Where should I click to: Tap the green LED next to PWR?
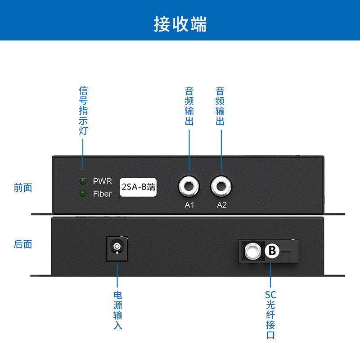(x=83, y=181)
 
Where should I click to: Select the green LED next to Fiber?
(x=83, y=194)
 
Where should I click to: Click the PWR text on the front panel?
(x=102, y=181)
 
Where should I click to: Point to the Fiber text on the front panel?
(x=102, y=194)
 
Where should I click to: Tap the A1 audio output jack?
(x=189, y=185)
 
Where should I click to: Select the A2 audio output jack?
(x=221, y=185)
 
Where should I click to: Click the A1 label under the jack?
(x=189, y=205)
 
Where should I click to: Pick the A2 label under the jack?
(x=222, y=205)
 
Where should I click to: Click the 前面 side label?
(x=23, y=188)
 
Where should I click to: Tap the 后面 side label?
(x=23, y=244)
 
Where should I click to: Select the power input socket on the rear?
(x=117, y=248)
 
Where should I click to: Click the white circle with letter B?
(x=272, y=251)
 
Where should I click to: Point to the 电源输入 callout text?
(x=117, y=310)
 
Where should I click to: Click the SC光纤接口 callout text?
(x=270, y=315)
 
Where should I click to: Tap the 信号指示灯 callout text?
(x=83, y=111)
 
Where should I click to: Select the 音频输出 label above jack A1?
(x=189, y=106)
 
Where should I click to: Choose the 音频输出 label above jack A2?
(x=220, y=106)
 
